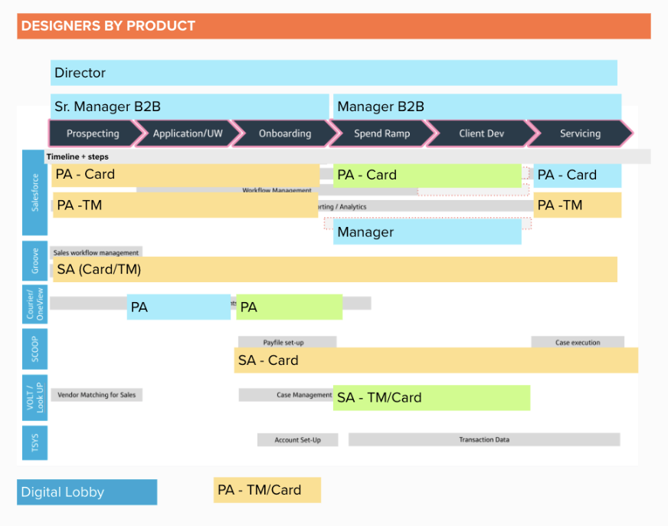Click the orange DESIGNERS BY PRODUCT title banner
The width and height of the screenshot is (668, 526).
point(333,26)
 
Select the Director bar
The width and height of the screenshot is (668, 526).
point(333,74)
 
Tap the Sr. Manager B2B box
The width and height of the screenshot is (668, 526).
point(189,107)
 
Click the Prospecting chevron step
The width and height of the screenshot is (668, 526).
point(93,133)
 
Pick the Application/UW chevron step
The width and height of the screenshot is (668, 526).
point(188,133)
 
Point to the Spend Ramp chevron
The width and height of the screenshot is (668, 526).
point(381,133)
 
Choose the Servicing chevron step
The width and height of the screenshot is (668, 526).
point(580,133)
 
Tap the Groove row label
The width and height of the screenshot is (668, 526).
point(34,261)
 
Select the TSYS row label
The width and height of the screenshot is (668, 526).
point(34,442)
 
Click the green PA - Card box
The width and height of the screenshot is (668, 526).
point(427,176)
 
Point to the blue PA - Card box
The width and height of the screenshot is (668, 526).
point(577,176)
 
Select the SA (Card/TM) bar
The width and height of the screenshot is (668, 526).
point(334,269)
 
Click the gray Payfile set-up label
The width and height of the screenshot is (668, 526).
point(287,342)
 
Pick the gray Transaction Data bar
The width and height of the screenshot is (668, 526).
point(483,439)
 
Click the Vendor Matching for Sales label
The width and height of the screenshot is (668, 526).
point(97,395)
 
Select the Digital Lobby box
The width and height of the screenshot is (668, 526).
point(87,492)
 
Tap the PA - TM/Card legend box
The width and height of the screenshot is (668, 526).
point(267,490)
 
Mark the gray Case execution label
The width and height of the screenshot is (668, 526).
point(578,342)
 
